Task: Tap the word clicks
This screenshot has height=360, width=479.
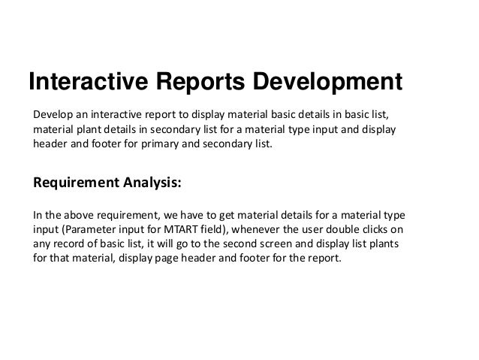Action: point(394,229)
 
